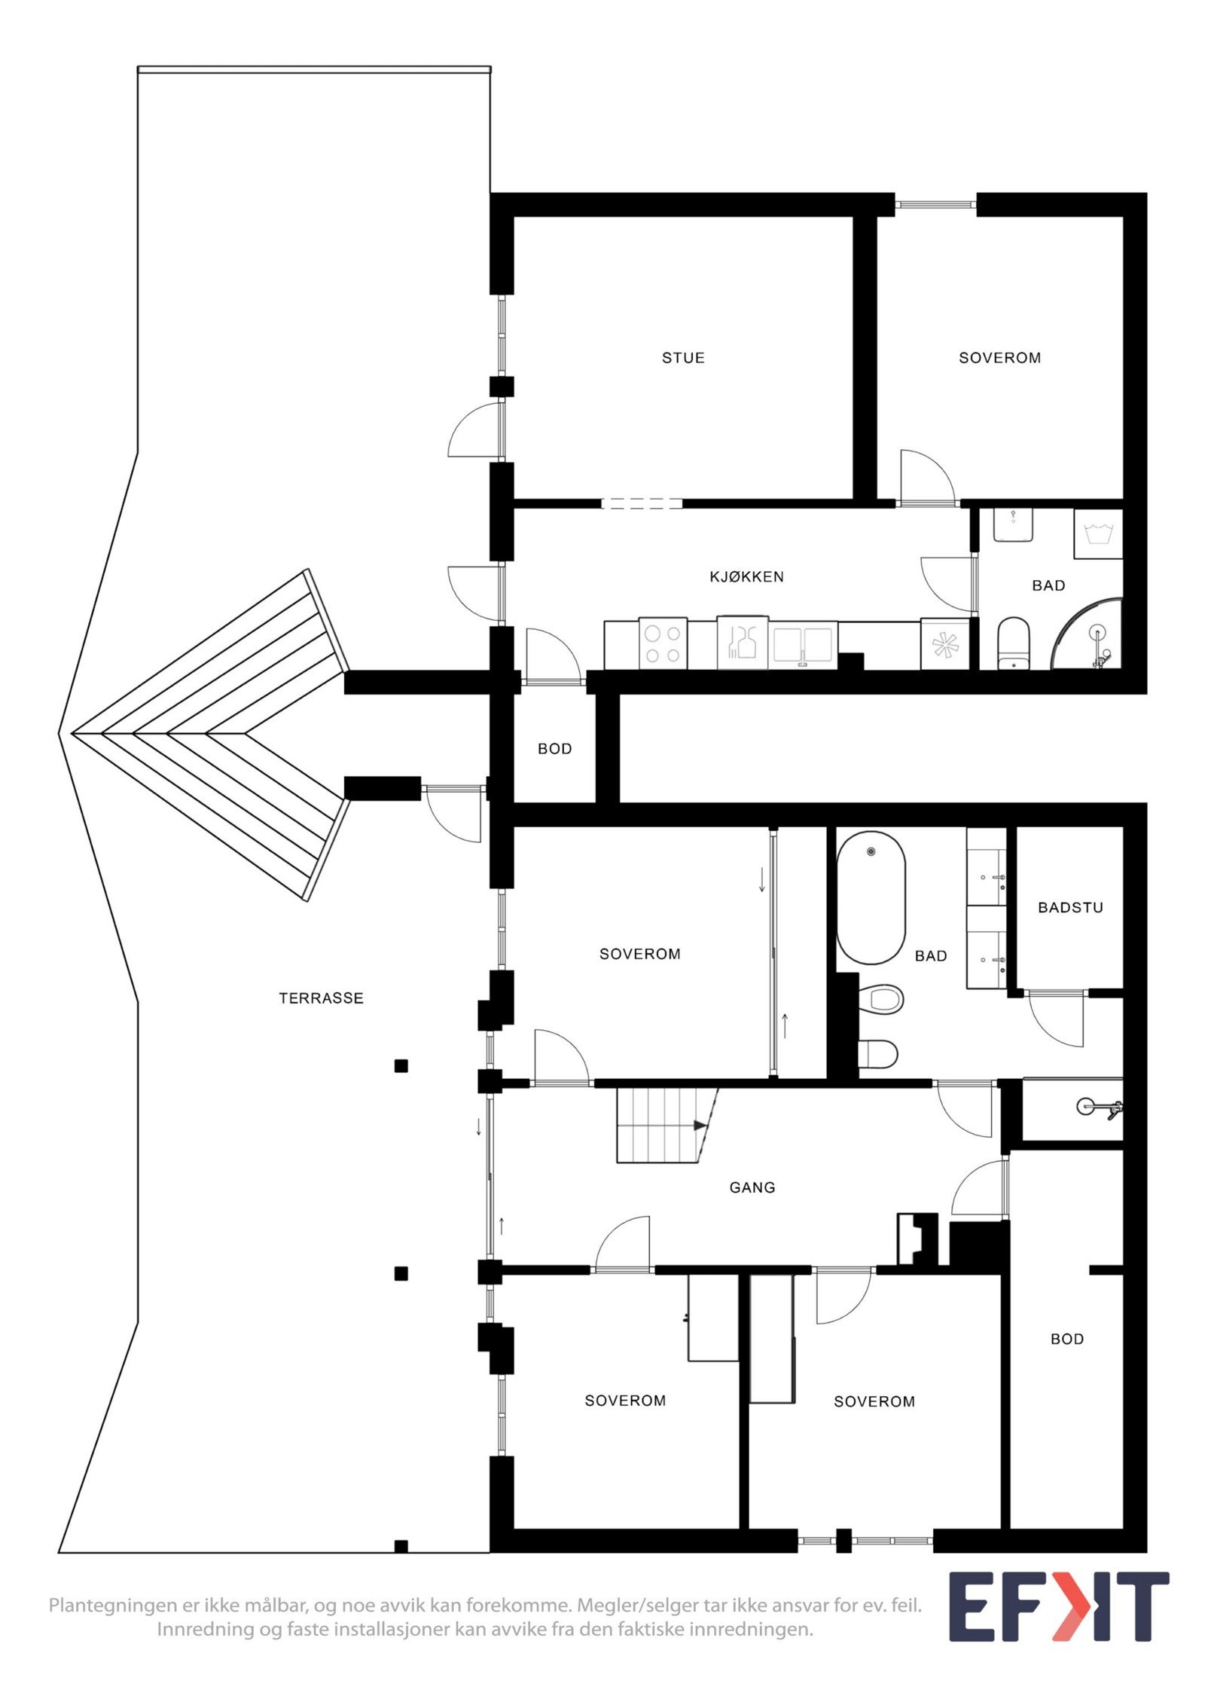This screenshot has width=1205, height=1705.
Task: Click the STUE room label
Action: coord(683,358)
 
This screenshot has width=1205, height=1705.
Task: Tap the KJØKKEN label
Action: coord(746,577)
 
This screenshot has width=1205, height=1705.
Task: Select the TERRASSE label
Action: coord(321,998)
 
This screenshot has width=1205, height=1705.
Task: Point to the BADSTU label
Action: coord(1070,907)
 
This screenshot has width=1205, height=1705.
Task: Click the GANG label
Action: coord(752,1187)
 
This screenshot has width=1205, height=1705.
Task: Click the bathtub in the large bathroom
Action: coord(871,897)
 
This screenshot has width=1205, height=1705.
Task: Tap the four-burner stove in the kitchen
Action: coord(663,643)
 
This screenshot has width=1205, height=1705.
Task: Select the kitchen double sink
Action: coord(803,644)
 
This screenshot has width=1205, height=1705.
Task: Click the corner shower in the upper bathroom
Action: coord(1092,637)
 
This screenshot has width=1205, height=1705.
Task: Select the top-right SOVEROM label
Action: coord(999,358)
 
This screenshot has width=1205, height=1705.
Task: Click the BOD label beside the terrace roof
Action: coord(554,749)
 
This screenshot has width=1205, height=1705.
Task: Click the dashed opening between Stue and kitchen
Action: coord(642,503)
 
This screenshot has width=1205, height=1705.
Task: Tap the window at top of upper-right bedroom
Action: coord(935,203)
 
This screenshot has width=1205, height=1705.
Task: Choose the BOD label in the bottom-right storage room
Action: coord(1067,1339)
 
